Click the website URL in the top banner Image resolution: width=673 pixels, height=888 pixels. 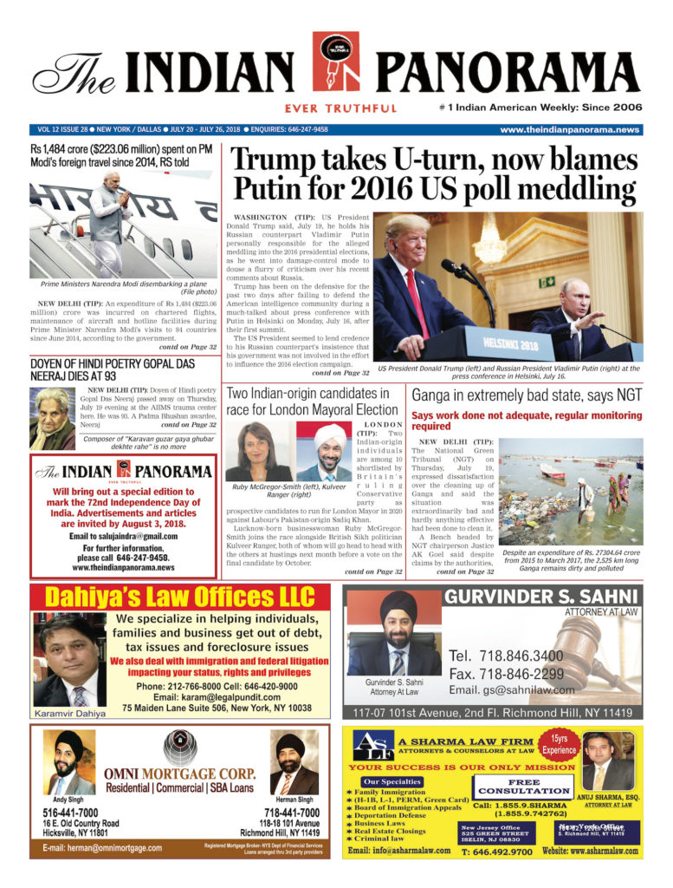569,129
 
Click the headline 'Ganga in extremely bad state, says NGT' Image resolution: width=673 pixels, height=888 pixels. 527,395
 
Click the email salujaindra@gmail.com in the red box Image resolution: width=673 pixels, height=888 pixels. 117,536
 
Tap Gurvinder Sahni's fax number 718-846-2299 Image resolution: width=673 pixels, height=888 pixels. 506,673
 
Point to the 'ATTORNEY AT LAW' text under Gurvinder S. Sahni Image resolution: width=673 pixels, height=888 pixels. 601,612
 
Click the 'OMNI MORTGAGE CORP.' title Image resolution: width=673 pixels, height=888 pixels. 180,774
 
